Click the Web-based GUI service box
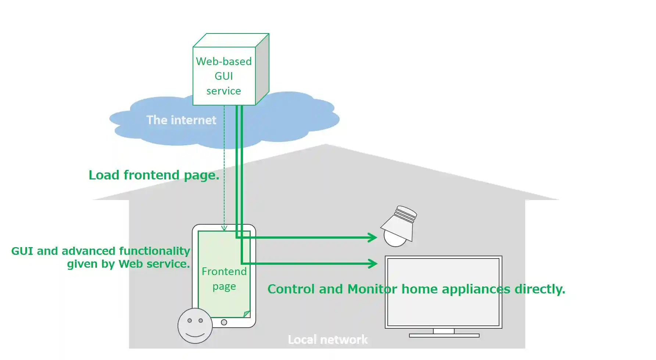[224, 76]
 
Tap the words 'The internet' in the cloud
[181, 120]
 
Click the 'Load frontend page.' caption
[154, 175]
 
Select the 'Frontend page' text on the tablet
[224, 279]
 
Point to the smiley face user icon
[195, 326]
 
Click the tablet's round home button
[224, 322]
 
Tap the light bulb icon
[398, 227]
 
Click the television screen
[443, 292]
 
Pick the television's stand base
[444, 335]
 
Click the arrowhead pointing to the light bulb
[373, 238]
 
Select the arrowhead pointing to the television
[373, 263]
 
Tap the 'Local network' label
[327, 339]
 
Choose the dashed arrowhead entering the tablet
[224, 228]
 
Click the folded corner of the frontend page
[247, 314]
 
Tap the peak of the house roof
[326, 145]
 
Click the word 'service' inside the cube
[223, 91]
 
